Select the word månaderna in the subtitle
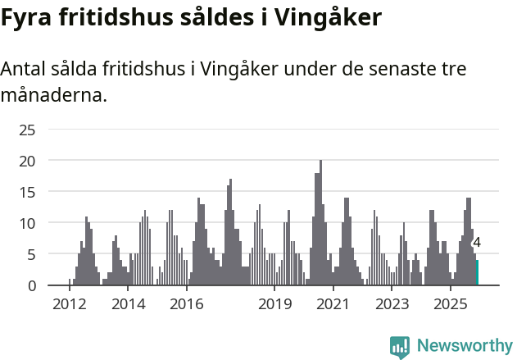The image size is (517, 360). (53, 95)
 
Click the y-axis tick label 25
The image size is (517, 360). (28, 130)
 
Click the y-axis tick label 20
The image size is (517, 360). (28, 161)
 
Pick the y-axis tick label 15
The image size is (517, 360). (28, 192)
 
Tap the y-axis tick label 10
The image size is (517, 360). (28, 223)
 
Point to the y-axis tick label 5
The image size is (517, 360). (32, 254)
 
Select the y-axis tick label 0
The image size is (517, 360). (32, 285)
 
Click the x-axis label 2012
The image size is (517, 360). (69, 305)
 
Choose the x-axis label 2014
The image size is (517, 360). (128, 305)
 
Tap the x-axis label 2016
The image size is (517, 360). (187, 305)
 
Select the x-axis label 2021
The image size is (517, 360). (333, 305)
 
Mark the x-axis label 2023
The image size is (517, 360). (392, 305)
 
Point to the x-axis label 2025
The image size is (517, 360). (451, 305)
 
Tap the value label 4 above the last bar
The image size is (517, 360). (477, 243)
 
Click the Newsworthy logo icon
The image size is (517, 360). (400, 347)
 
